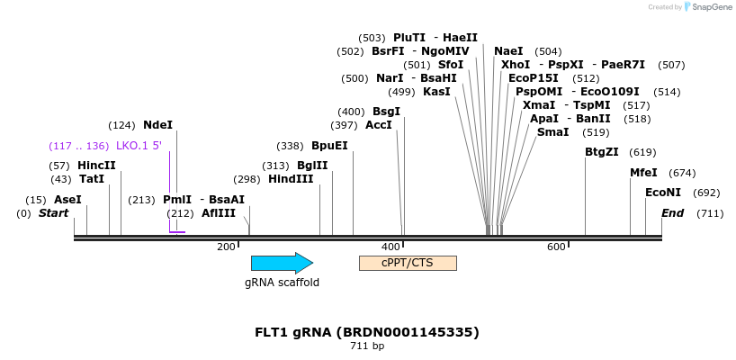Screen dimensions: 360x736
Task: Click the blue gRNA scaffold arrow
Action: [282, 263]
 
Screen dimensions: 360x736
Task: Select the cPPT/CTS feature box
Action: [408, 263]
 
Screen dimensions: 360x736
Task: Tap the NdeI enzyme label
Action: [157, 125]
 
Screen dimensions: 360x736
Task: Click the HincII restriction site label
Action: [96, 166]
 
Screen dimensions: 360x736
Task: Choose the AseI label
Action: [67, 200]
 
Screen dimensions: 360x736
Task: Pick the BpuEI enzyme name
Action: [329, 146]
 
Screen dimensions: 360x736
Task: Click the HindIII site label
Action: [291, 179]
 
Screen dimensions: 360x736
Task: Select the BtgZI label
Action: [602, 152]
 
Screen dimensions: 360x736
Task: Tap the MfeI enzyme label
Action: [643, 173]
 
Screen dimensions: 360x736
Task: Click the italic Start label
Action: [53, 213]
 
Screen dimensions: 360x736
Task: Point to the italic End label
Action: [672, 213]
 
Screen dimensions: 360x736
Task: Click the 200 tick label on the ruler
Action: [226, 247]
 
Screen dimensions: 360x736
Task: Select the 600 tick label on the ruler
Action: [556, 247]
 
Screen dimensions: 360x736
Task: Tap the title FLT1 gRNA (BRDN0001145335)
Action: [367, 332]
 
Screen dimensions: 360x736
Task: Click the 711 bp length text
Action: [367, 346]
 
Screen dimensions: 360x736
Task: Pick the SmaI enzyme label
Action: [552, 132]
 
